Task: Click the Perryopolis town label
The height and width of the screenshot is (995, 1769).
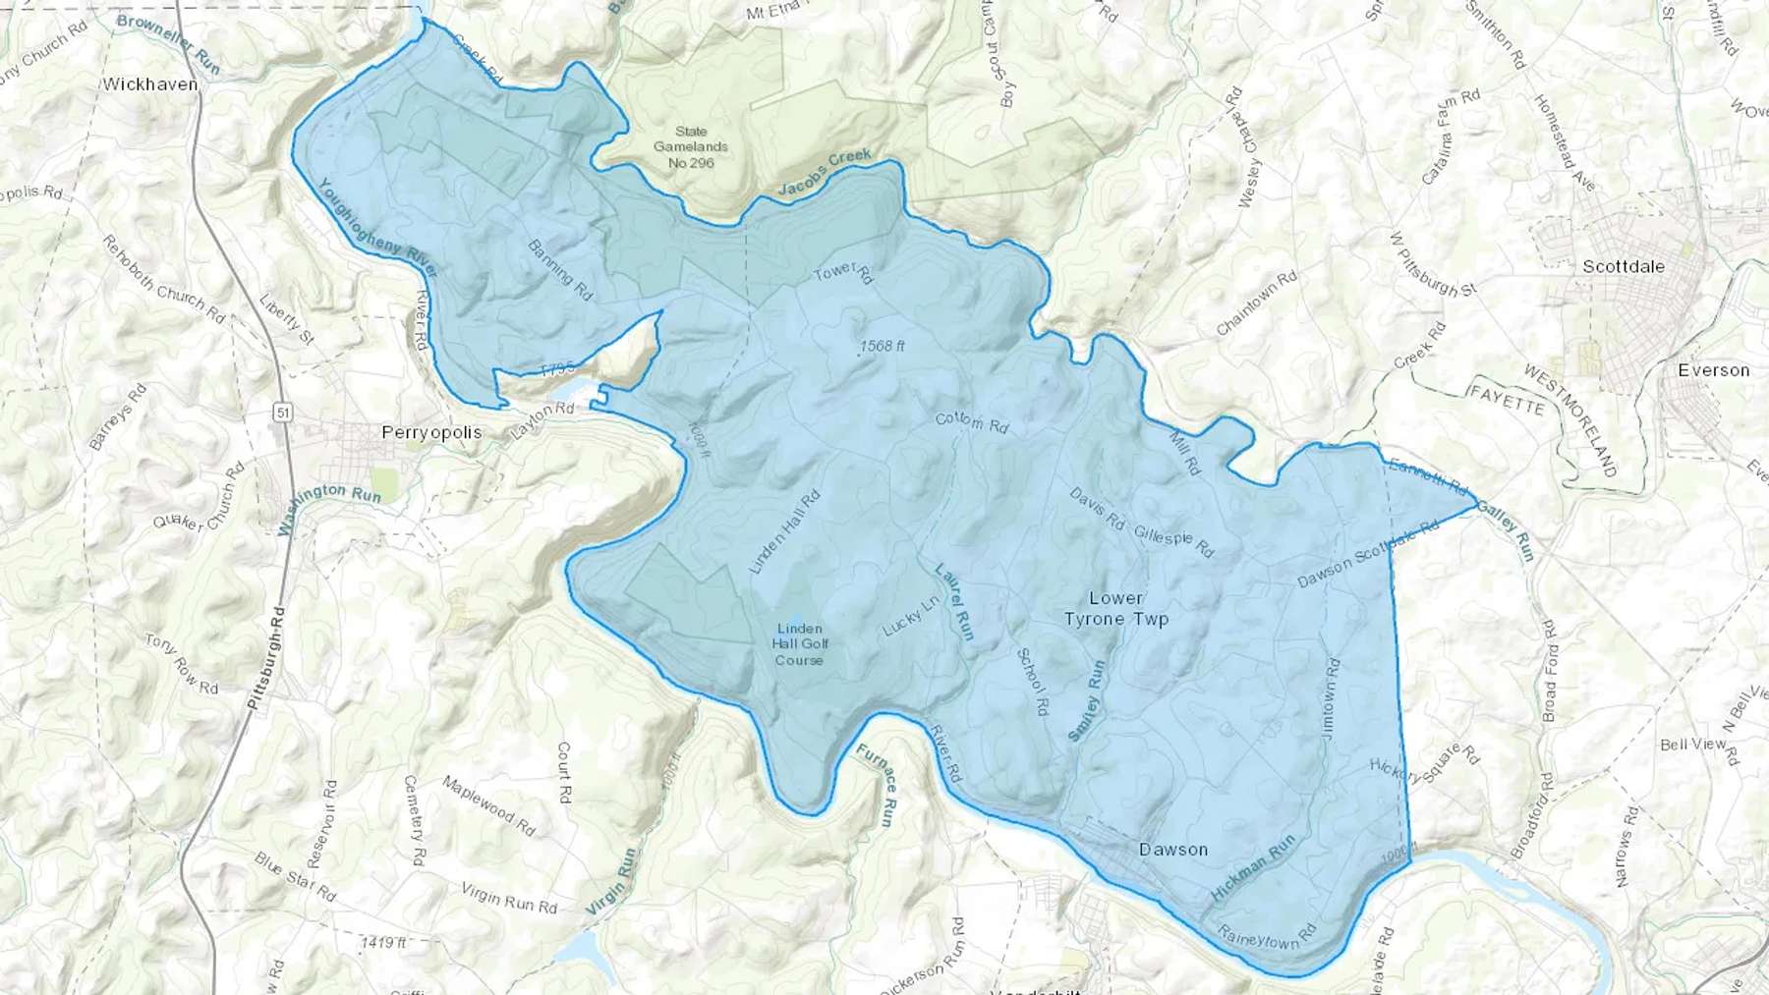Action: [431, 432]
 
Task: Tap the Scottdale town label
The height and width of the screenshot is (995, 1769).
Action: [1624, 266]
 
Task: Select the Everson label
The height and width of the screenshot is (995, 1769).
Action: [1713, 370]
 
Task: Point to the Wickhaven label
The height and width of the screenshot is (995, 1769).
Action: [150, 84]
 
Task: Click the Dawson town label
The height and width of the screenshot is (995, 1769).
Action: [1172, 850]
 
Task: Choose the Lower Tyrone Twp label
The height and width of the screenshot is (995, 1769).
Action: [1116, 609]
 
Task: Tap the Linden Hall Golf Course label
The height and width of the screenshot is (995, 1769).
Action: [799, 644]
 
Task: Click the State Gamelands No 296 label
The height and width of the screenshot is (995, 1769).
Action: [691, 146]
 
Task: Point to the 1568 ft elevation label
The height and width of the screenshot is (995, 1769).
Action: [881, 347]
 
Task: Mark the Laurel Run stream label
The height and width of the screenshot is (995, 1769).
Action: [953, 601]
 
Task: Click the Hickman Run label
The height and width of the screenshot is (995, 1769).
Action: [1253, 868]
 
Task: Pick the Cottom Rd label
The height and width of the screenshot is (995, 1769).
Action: [971, 422]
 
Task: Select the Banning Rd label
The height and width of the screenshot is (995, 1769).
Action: [560, 270]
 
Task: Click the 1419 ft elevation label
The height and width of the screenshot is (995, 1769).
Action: [383, 943]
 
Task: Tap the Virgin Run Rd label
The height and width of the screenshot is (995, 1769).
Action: [509, 897]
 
